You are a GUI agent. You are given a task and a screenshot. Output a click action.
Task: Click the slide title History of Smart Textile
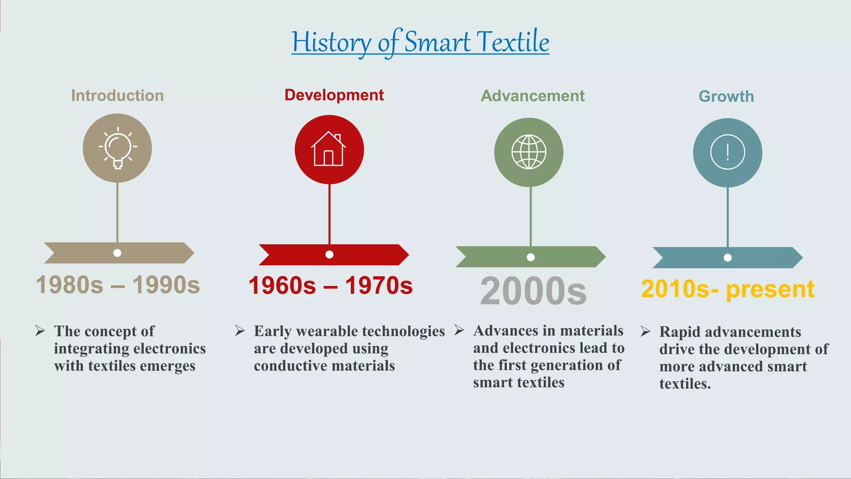tap(420, 42)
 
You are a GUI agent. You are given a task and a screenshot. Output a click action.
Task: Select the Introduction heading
tap(118, 96)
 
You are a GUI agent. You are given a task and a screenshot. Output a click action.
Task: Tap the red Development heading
tap(334, 95)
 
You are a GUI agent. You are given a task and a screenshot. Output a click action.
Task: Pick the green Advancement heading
tap(533, 96)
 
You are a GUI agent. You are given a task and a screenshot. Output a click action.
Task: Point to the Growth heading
tap(726, 96)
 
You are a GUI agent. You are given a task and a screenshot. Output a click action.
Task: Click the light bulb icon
tap(118, 148)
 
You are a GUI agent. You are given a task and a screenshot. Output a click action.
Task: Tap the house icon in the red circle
tap(329, 149)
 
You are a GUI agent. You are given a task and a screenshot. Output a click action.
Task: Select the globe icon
tap(529, 152)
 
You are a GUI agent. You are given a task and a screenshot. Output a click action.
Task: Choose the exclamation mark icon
tap(728, 152)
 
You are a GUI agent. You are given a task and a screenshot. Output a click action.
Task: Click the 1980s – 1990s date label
tap(118, 285)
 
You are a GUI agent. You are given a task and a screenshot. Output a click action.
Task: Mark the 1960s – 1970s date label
tap(330, 286)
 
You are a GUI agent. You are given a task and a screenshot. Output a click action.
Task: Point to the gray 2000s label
tap(533, 291)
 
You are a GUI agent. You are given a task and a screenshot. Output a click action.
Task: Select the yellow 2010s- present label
tap(728, 289)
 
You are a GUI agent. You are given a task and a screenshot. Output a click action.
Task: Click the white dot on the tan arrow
tap(118, 253)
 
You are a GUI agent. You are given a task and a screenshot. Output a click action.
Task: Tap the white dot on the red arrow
tap(330, 254)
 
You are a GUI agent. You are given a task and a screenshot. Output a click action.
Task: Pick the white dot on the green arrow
tap(531, 257)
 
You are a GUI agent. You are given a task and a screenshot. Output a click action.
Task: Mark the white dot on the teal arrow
tap(728, 258)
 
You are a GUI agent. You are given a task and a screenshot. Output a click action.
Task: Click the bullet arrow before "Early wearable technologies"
tap(240, 331)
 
